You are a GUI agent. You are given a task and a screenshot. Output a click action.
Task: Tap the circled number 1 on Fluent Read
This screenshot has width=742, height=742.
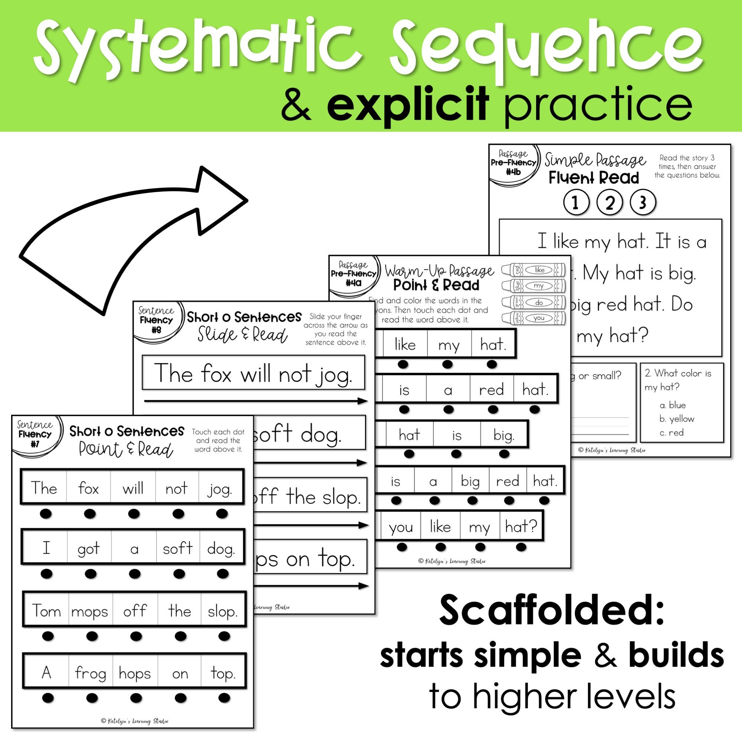[576, 203]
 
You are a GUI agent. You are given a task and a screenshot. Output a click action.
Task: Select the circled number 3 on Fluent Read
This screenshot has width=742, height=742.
[643, 203]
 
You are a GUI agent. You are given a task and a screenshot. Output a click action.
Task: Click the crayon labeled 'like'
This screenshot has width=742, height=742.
[534, 270]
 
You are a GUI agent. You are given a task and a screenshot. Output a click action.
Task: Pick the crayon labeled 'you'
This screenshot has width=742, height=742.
[534, 318]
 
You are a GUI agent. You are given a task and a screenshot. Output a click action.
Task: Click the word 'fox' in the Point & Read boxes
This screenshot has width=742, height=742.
[88, 489]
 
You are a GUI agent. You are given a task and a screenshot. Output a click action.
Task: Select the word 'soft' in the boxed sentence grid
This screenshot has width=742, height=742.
[177, 549]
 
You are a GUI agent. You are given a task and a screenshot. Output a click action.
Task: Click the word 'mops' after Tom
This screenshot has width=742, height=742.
[89, 611]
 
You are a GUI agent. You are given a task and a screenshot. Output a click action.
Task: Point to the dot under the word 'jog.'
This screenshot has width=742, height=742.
[222, 513]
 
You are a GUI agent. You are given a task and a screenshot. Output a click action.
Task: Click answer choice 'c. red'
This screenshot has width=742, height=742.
[672, 433]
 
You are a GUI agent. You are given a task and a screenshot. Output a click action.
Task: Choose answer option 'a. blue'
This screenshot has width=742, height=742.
[673, 405]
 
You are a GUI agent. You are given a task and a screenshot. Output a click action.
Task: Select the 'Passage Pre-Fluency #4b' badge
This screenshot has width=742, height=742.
[513, 163]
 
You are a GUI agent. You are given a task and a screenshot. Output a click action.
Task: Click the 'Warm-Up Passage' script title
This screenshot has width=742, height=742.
[440, 272]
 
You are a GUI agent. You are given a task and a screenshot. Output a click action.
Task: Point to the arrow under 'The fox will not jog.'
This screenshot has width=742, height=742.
[255, 401]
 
